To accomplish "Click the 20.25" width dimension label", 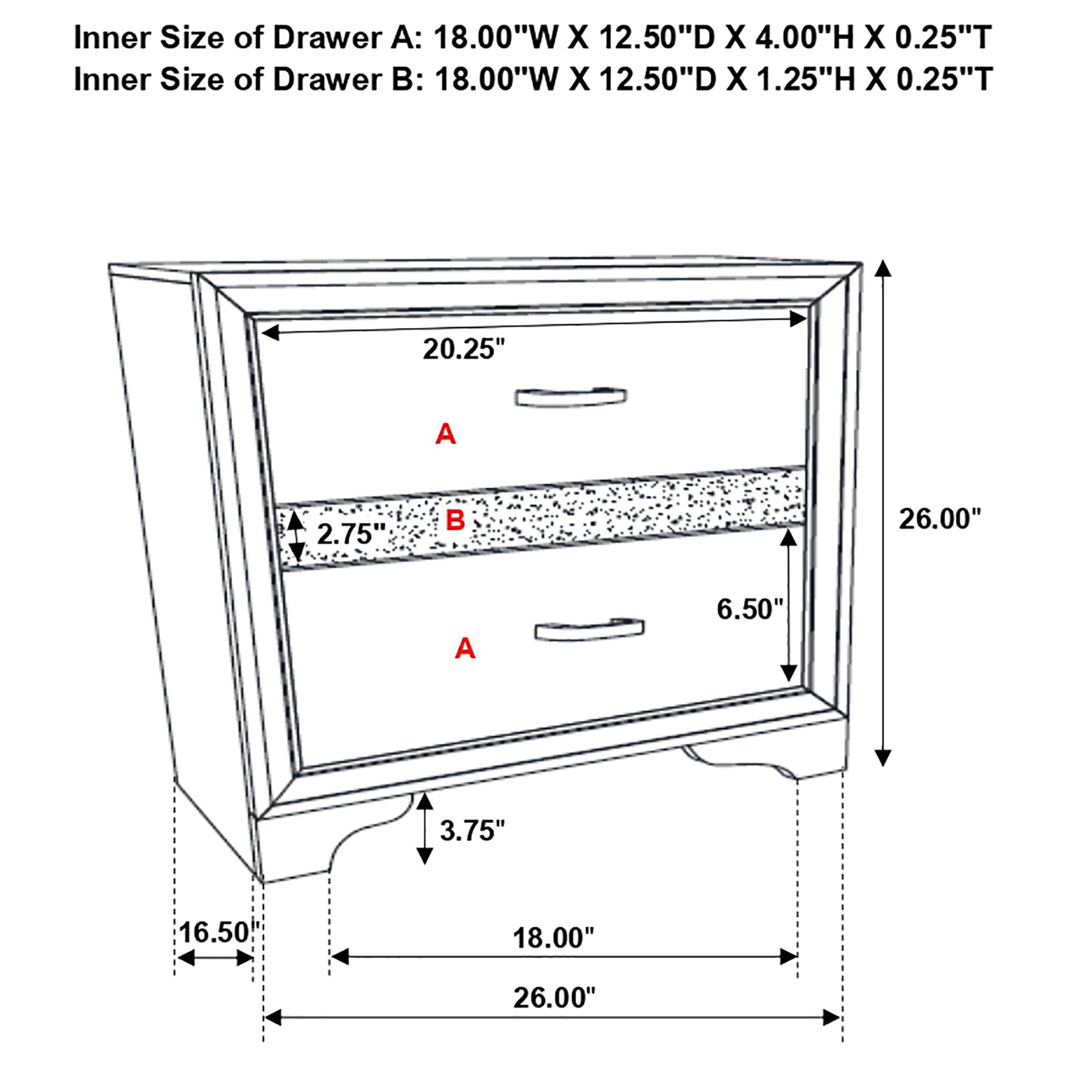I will [463, 349].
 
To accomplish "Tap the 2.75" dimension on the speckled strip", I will [351, 534].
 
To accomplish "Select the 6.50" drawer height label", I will [750, 609].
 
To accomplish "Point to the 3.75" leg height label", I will [472, 830].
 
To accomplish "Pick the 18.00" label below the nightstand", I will [553, 938].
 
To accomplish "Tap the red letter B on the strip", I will [455, 521].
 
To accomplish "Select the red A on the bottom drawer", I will [465, 649].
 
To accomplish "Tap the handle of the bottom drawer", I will [589, 630].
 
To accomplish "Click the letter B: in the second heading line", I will [407, 80].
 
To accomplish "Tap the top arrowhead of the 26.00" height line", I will [883, 269].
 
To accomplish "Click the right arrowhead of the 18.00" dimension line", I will [789, 957].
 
